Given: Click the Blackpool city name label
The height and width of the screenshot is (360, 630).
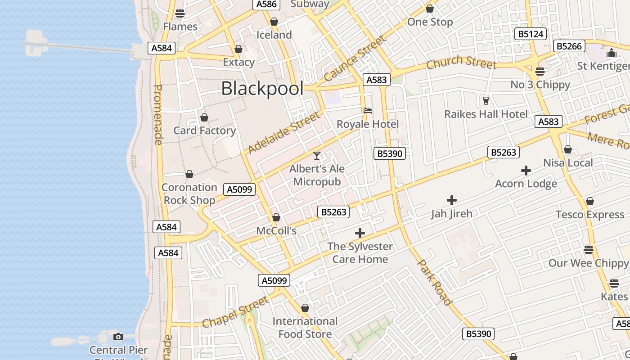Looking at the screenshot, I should click(262, 89).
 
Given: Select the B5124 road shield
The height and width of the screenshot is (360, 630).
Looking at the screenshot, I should click(531, 34).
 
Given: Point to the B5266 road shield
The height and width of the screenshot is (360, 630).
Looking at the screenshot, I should click(570, 46).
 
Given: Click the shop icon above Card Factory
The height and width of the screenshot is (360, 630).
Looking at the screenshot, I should click(204, 117).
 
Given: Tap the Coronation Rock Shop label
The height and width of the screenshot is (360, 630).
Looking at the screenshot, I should click(189, 193).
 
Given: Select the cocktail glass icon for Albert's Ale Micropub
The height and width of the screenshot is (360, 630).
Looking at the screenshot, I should click(317, 156).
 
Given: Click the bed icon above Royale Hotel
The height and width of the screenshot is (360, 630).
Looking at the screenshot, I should click(368, 111).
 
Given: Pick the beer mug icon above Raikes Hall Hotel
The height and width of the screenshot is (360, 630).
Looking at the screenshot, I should click(486, 101).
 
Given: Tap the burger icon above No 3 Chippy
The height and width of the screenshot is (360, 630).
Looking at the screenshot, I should click(540, 71).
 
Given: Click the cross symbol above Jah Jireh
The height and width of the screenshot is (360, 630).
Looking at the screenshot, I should click(452, 200).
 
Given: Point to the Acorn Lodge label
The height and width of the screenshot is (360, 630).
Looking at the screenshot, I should click(526, 184).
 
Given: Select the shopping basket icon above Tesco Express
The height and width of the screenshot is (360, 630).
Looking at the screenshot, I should click(589, 201).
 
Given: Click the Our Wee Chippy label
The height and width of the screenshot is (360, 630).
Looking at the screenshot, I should click(588, 263).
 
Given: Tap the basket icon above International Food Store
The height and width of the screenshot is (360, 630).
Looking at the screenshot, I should click(305, 308).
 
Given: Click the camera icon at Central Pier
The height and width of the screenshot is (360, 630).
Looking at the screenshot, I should click(118, 337).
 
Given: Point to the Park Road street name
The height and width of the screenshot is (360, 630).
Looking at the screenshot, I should click(434, 282).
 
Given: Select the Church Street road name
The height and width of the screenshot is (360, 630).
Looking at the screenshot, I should click(461, 63).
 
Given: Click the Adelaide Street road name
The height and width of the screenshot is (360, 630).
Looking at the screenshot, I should click(284, 133).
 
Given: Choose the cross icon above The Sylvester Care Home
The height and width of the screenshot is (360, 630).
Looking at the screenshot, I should click(360, 233).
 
